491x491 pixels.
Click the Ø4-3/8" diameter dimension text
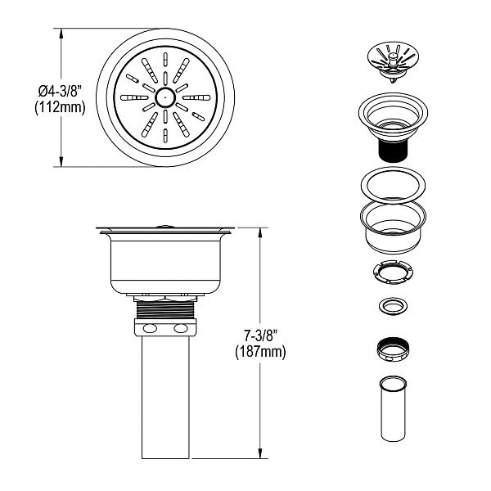[x=56, y=92]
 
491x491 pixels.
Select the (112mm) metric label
[x=56, y=107]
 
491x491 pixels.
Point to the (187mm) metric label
[x=261, y=352]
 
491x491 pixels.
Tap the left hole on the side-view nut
[x=150, y=328]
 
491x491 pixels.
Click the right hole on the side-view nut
[x=180, y=328]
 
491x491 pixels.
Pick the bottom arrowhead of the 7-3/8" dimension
[x=261, y=453]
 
